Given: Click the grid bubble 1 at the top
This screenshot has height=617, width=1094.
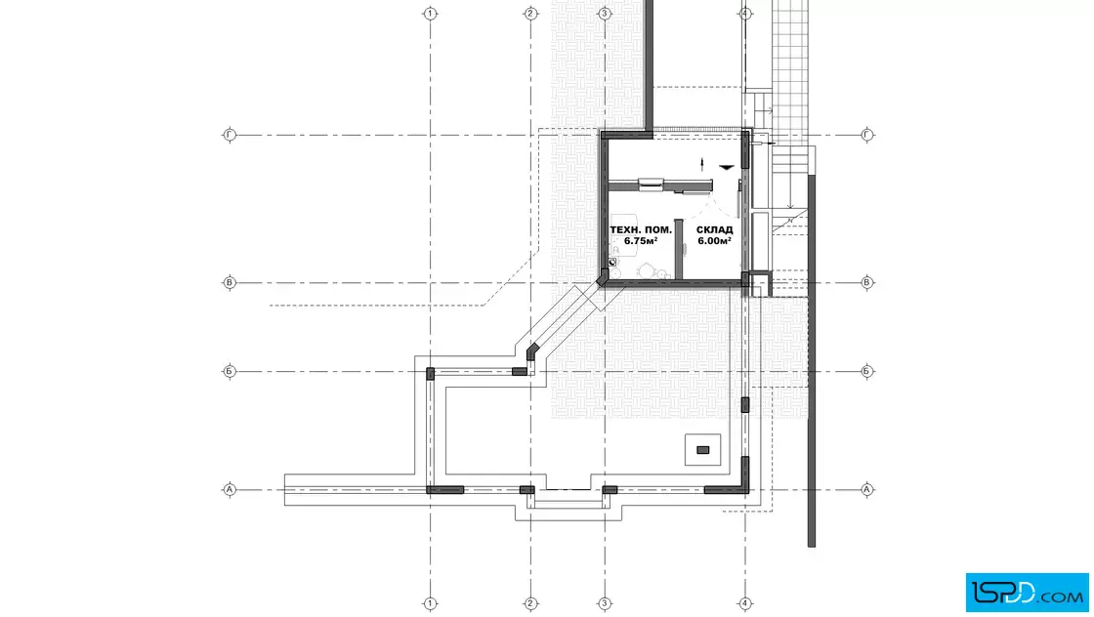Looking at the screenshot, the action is coord(431,14).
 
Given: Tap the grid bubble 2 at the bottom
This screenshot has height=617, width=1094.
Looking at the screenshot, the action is coord(530,603).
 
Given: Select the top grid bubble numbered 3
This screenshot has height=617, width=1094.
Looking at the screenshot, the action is coord(605,14).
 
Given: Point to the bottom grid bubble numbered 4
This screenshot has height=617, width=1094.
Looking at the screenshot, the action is coord(745,603).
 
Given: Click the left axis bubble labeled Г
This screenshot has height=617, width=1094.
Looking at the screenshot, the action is coord(230,135).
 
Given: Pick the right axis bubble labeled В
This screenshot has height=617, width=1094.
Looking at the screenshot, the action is coord(866,282).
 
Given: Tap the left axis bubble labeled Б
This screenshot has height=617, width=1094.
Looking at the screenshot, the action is coord(230,371).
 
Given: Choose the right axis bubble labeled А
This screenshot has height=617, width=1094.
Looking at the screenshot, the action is coord(866,489).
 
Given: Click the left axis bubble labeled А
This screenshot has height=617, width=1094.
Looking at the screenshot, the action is coord(230,489).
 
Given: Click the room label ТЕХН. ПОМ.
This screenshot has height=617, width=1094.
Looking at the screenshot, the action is coord(641,230).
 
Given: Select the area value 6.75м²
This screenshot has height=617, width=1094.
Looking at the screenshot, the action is coord(641,241).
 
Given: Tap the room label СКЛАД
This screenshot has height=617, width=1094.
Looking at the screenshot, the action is coord(714,230).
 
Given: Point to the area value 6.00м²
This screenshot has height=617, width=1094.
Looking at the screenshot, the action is coord(714,241).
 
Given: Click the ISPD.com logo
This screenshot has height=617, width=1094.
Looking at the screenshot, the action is coord(1027,593).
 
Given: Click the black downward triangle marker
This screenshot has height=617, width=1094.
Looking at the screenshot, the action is coord(727,167).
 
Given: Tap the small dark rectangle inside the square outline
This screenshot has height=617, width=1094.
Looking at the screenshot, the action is coord(702,450).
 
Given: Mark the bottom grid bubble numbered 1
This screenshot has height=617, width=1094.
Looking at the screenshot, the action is coord(431,603).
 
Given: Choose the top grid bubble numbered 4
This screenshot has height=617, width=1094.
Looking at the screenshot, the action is coord(745,14).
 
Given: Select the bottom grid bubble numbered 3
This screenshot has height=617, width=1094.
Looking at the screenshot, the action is coord(605,603).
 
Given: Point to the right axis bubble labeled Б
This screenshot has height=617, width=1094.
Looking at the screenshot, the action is coord(866,371).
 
